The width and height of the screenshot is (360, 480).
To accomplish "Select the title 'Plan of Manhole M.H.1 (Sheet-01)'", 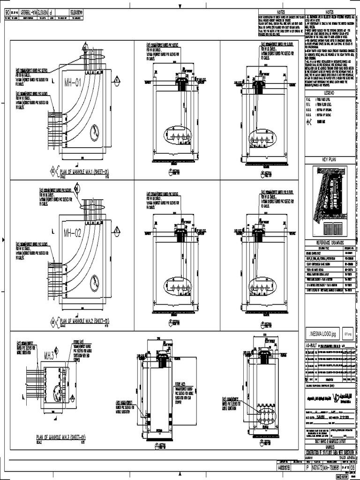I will [x=84, y=172].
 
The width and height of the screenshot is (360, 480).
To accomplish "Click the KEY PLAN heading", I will [x=326, y=160].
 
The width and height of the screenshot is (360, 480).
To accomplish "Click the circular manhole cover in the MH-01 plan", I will [x=95, y=132].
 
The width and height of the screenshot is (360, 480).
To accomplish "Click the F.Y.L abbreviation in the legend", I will [x=308, y=99].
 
